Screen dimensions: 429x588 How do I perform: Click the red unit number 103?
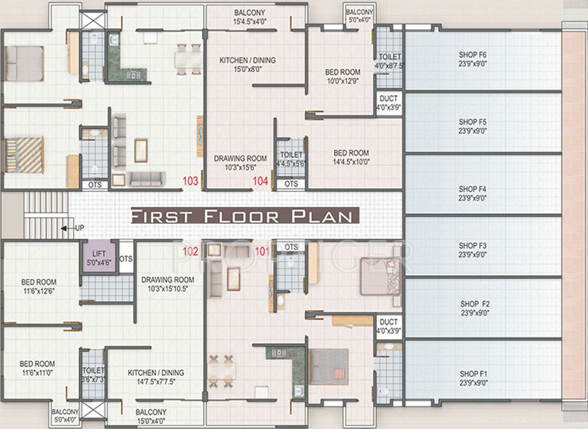(x=191, y=182)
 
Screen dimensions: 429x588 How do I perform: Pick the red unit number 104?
(x=260, y=182)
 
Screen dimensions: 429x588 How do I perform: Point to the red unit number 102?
(x=191, y=252)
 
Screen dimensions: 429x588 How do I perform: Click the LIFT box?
(x=98, y=257)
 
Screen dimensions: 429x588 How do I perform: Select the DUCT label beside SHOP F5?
(x=389, y=103)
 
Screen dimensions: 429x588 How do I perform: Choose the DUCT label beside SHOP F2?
(x=389, y=326)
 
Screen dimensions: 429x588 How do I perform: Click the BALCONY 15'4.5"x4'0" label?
(x=249, y=17)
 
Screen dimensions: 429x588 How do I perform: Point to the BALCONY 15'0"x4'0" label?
(x=151, y=416)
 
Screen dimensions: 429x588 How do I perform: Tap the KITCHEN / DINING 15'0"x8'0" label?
(x=248, y=64)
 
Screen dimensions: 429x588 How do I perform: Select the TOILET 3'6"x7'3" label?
(x=93, y=375)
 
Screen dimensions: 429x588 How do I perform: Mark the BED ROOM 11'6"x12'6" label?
(x=39, y=286)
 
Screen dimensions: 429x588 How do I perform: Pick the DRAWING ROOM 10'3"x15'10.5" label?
(x=168, y=284)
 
